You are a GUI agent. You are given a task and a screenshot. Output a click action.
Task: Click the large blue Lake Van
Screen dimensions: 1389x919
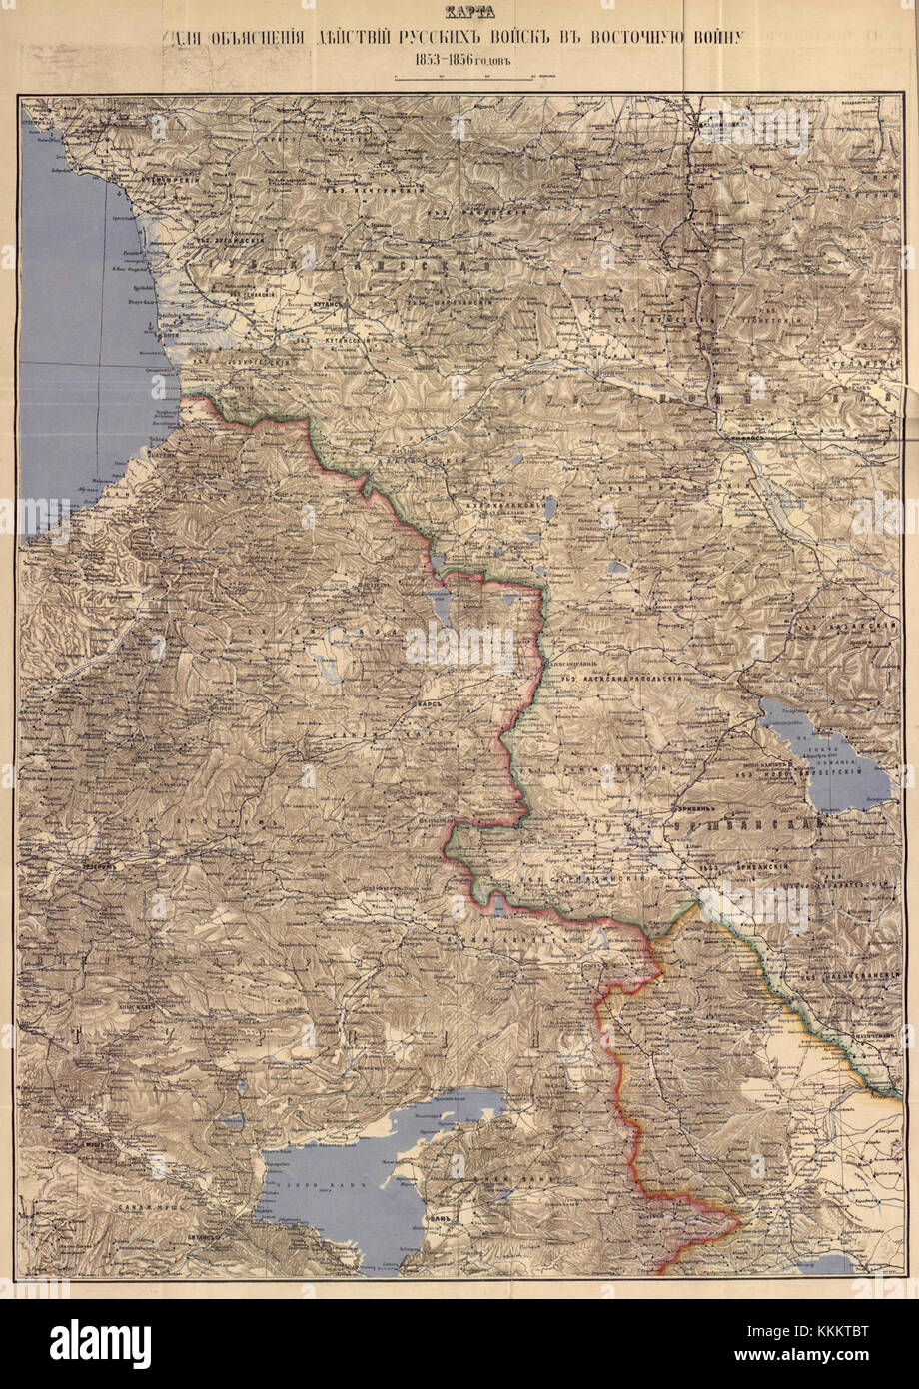pos(340,1189)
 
